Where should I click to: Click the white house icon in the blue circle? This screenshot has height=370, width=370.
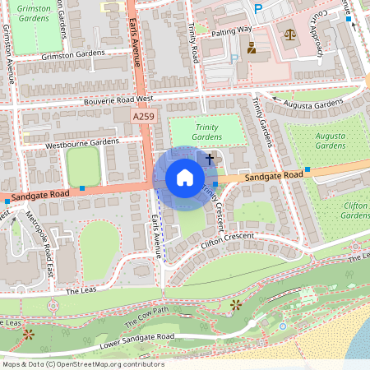coord(185,178)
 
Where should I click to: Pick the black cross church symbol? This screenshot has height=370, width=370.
coord(210,157)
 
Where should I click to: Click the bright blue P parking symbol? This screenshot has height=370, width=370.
coord(258,9)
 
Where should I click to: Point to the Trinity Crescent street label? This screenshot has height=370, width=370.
coord(221,205)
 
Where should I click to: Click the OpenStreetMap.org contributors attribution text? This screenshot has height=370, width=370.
coord(107,364)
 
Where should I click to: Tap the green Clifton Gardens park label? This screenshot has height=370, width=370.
coord(355,210)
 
